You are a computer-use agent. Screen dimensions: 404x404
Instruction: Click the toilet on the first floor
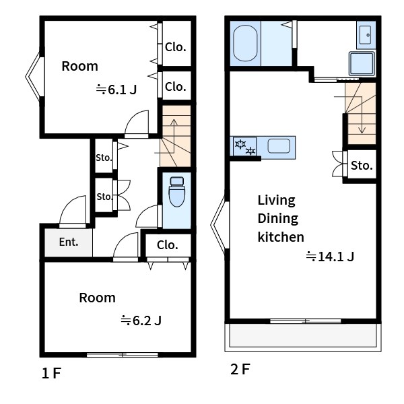[x=176, y=192]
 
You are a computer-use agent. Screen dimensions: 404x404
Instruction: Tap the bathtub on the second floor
[x=245, y=43]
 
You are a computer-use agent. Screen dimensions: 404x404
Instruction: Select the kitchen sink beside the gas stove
[x=279, y=146]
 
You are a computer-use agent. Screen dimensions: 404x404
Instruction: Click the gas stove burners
[x=245, y=147]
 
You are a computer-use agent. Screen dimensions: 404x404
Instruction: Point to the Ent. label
[x=69, y=242]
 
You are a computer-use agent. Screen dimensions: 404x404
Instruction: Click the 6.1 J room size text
[x=116, y=90]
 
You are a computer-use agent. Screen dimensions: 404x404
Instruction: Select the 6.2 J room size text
[x=141, y=321]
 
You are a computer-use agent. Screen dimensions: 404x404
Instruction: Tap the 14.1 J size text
[x=330, y=257]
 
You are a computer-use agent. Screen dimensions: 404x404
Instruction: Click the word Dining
[x=277, y=219]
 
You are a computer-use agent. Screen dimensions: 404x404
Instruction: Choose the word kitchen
[x=281, y=237]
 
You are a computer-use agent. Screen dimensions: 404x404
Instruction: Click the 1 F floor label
[x=51, y=373]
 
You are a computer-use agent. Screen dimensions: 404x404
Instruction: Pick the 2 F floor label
[x=240, y=369]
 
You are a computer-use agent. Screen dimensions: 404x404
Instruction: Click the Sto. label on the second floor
[x=362, y=166]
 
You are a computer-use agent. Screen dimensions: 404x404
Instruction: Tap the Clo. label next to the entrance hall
[x=168, y=245]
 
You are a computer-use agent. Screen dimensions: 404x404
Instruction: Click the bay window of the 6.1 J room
[x=34, y=77]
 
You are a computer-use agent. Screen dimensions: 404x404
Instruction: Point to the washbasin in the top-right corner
[x=366, y=35]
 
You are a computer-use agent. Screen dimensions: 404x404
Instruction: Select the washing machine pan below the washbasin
[x=362, y=63]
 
